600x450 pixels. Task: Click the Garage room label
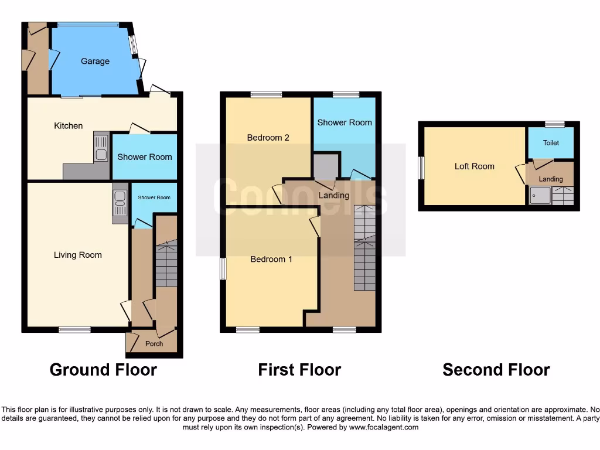click(95, 62)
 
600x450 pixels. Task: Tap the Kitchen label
click(69, 126)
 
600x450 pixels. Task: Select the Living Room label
click(78, 255)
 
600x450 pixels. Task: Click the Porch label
click(154, 344)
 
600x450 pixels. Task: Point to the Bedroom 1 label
click(271, 259)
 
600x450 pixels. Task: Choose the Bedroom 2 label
click(268, 138)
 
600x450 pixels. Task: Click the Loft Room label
click(475, 166)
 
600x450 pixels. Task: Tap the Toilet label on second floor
click(551, 143)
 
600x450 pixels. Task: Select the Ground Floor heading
click(103, 370)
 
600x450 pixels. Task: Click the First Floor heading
click(299, 370)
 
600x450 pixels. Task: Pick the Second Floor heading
click(496, 370)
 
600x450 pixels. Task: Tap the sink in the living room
click(120, 202)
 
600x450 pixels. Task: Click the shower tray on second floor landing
click(540, 195)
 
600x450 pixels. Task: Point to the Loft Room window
click(421, 168)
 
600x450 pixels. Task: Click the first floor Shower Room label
click(345, 122)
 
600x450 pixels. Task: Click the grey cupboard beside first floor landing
click(326, 166)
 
